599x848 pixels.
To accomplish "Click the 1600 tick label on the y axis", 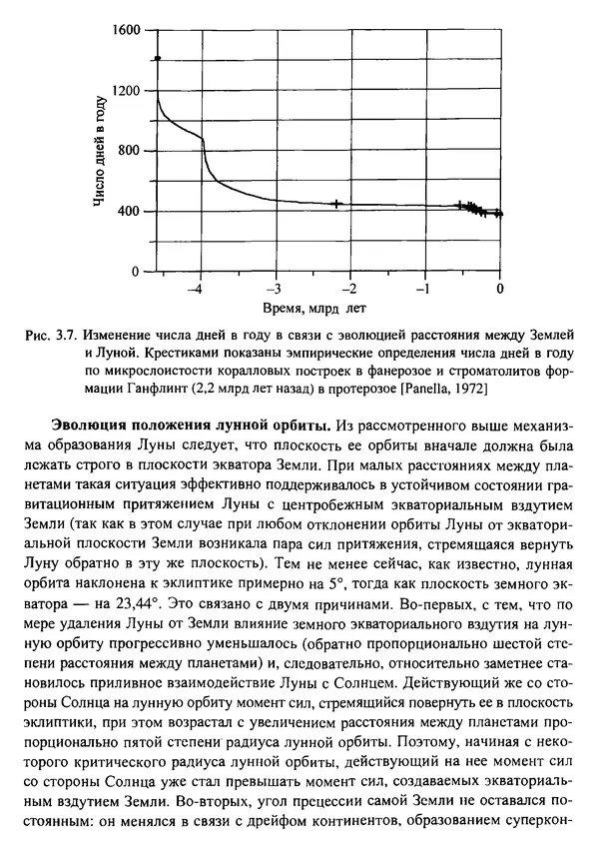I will click(129, 30).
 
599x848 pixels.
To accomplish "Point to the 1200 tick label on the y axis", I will click(129, 91).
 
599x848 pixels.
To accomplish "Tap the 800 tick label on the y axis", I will click(132, 151).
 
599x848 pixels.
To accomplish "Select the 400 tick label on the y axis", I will click(132, 212).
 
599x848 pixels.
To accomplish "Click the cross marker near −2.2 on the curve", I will click(336, 204).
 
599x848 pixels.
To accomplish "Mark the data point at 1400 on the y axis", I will click(158, 60).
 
